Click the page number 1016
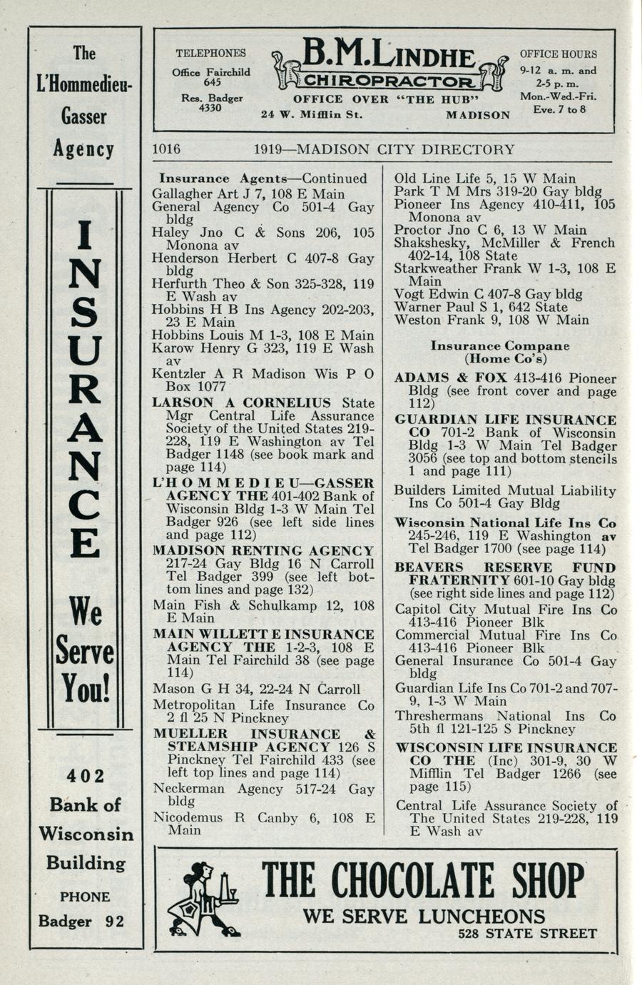point(166,150)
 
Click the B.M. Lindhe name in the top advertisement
point(388,54)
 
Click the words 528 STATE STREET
point(527,934)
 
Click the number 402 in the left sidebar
point(85,776)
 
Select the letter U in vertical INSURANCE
point(85,352)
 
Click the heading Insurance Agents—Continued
point(263,178)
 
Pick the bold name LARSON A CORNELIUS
point(242,403)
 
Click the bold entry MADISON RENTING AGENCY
point(264,551)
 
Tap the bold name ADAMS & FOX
point(450,378)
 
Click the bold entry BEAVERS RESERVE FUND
point(505,568)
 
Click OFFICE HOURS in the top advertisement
point(558,54)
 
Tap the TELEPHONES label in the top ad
point(210,53)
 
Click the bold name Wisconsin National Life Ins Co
point(506,523)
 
